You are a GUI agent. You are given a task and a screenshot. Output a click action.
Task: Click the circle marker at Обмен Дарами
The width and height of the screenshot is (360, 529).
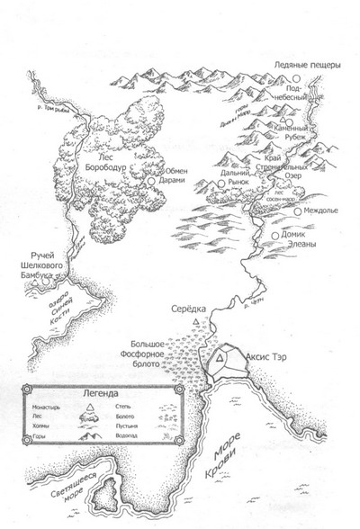[x=150, y=180]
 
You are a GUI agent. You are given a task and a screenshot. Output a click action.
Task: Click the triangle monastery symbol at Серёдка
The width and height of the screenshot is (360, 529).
[x=196, y=323]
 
